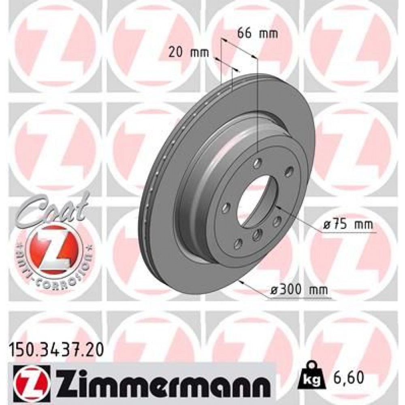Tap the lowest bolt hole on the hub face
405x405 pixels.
click(x=238, y=243)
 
